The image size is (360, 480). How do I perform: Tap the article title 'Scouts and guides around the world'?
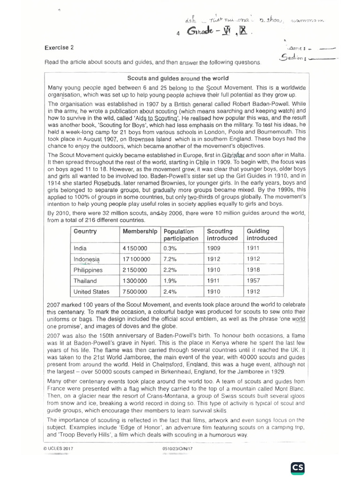click(178, 78)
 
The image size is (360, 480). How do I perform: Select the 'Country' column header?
click(85, 231)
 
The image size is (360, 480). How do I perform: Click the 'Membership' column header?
click(140, 231)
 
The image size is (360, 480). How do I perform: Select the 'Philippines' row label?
click(88, 270)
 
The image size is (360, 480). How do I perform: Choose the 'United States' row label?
click(91, 292)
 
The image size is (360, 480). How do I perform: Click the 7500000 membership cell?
click(136, 292)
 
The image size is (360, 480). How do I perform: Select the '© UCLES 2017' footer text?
click(59, 449)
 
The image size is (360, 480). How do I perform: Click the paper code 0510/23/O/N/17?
click(178, 449)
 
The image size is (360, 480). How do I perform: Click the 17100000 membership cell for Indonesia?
click(136, 259)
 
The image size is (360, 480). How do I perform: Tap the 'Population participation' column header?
click(180, 235)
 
